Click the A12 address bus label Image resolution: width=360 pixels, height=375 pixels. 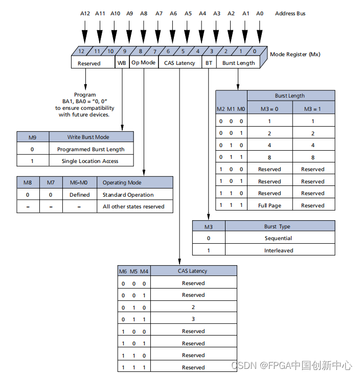click(x=85, y=14)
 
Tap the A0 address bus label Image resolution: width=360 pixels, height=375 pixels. click(x=260, y=14)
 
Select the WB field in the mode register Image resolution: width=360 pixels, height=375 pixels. click(x=122, y=63)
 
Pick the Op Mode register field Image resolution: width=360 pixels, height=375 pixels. click(x=144, y=63)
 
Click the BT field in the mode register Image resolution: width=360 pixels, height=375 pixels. click(x=209, y=63)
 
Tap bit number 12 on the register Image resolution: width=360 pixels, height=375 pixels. click(x=81, y=51)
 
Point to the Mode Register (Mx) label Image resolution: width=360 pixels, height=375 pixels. click(x=295, y=54)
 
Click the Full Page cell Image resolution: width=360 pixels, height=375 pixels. click(x=270, y=205)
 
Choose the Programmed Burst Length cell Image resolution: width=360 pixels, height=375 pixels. click(x=91, y=149)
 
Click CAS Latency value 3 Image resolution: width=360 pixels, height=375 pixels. click(x=193, y=319)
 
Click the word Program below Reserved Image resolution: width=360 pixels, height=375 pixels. click(x=85, y=95)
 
